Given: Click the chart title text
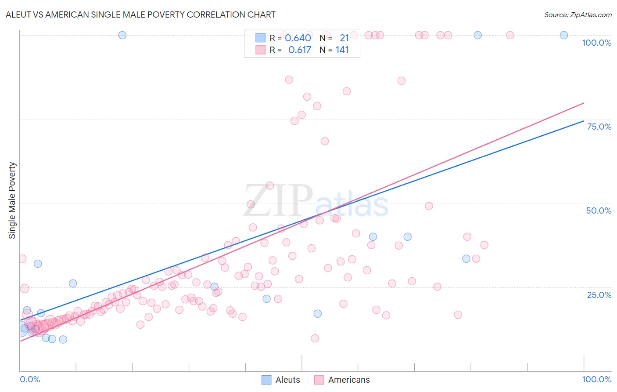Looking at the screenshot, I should click(x=140, y=15).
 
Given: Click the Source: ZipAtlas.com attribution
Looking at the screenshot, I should click(x=578, y=15).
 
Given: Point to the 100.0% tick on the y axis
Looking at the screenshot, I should click(x=596, y=43).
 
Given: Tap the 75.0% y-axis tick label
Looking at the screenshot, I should click(x=599, y=127).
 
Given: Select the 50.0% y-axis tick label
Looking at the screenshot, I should click(x=599, y=211).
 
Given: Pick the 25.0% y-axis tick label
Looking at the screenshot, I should click(x=599, y=294).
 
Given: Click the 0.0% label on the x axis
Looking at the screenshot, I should click(x=30, y=379).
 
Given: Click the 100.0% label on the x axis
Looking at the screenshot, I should click(x=596, y=379).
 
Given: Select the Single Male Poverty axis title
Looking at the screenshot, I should click(x=12, y=200).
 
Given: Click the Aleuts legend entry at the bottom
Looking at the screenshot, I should click(x=287, y=380).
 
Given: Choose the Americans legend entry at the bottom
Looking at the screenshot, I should click(x=349, y=380).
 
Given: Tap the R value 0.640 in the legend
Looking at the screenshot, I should click(x=298, y=38).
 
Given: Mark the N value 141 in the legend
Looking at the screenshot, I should click(x=342, y=50).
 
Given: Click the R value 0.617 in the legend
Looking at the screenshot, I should click(x=299, y=50).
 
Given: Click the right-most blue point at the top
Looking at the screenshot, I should click(x=564, y=35).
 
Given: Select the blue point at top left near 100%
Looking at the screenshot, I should click(x=122, y=35).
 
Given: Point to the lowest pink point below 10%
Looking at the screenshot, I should click(x=315, y=338).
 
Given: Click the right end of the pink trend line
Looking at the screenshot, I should click(x=584, y=103).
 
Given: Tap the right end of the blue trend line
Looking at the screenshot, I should click(x=584, y=121).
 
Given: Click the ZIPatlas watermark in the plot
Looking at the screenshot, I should click(x=316, y=201).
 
